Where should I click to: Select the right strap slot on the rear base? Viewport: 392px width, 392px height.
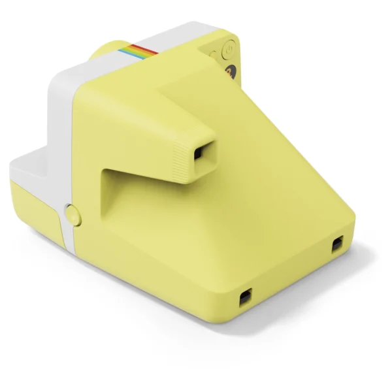pos(337,245)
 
